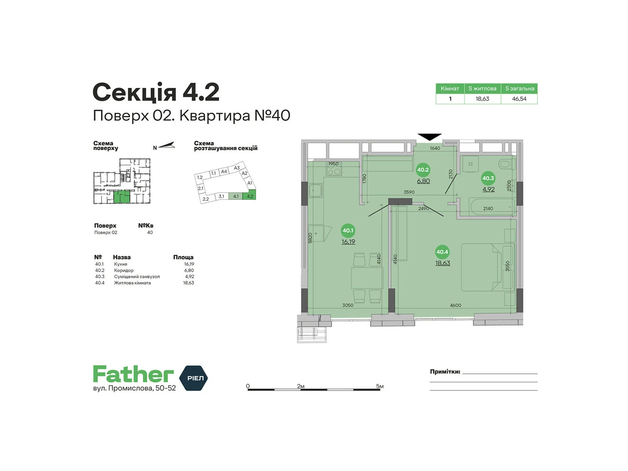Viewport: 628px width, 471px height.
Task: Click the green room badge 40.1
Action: [348, 230]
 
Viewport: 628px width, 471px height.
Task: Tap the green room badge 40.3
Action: [488, 178]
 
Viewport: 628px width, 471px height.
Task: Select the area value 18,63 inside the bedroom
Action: [443, 263]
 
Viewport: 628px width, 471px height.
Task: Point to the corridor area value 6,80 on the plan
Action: [424, 181]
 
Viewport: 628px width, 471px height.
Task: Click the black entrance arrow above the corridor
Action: [429, 137]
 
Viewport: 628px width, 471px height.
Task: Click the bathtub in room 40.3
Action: [492, 206]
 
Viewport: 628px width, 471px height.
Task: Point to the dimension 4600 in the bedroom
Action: [455, 305]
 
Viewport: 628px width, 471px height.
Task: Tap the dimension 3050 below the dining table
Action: [348, 305]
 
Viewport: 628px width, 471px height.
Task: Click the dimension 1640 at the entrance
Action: [435, 148]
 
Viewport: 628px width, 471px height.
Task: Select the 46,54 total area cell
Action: [519, 99]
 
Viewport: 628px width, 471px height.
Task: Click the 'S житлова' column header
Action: [482, 89]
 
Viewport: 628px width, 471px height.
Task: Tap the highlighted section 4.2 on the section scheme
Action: [250, 196]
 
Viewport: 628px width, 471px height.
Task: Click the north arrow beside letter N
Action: [166, 146]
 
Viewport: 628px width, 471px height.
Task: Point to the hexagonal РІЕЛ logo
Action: [194, 378]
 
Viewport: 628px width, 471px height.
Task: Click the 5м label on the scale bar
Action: [380, 386]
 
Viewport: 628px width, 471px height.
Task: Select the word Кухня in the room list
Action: [120, 264]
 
